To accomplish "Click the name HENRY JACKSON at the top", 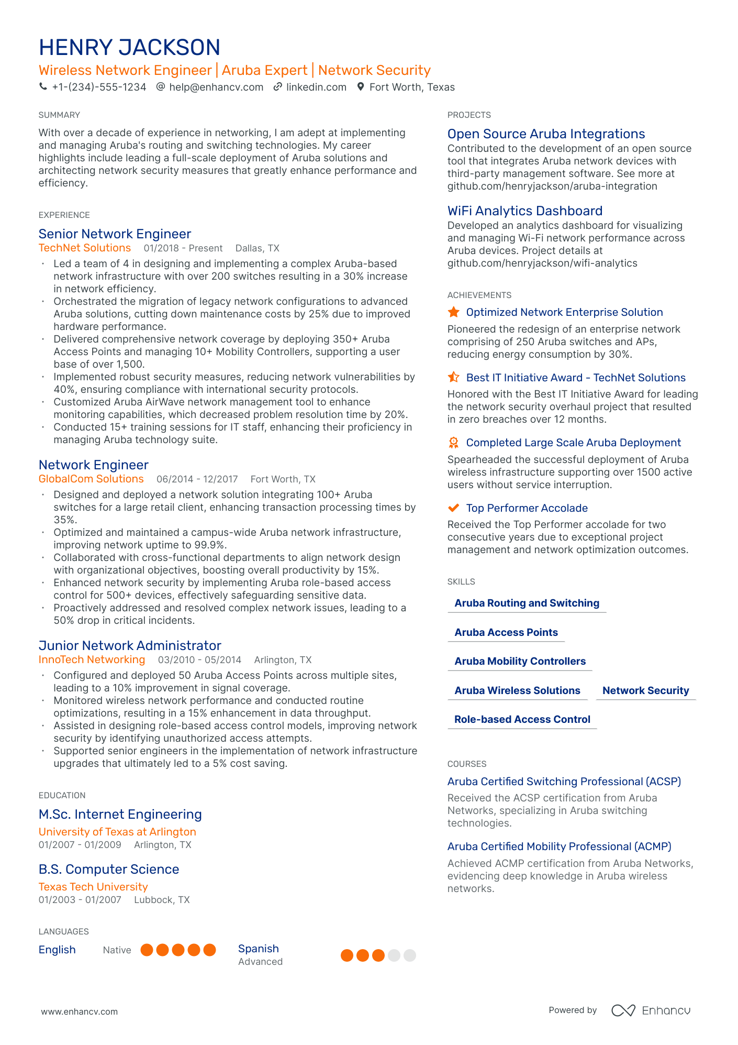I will click(x=129, y=47).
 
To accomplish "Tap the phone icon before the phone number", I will click(x=43, y=87).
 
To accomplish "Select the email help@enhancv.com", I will click(x=216, y=87).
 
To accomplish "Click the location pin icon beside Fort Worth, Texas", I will click(x=361, y=87).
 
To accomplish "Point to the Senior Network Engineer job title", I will click(x=115, y=234).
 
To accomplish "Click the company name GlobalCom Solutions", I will click(x=91, y=479).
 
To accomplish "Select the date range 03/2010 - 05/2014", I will click(x=199, y=660).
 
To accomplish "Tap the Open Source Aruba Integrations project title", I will click(x=546, y=134).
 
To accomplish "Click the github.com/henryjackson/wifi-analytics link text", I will click(x=542, y=263).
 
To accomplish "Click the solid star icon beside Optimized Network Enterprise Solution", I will click(x=454, y=312).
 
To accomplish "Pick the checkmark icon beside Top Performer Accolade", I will click(x=454, y=508).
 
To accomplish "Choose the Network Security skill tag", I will click(x=645, y=690).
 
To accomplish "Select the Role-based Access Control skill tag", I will click(x=522, y=719).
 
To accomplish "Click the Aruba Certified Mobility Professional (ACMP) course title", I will click(x=559, y=846).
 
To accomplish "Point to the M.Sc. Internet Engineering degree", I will click(x=120, y=814).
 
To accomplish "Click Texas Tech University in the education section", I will click(x=93, y=887).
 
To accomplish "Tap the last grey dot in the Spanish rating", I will click(x=410, y=955).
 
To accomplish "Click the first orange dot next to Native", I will click(x=147, y=950).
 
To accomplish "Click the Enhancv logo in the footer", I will click(x=651, y=1010).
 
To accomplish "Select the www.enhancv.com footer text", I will click(x=80, y=1011).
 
